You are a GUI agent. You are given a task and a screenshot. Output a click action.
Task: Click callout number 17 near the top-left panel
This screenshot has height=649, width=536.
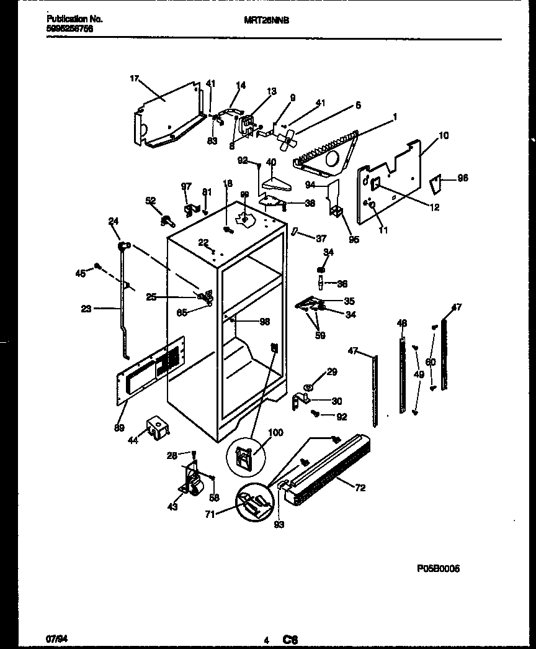(134, 78)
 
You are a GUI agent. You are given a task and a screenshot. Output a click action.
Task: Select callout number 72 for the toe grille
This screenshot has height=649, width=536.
(360, 488)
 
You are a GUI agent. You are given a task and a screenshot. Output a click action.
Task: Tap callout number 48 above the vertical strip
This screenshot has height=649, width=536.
(402, 323)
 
